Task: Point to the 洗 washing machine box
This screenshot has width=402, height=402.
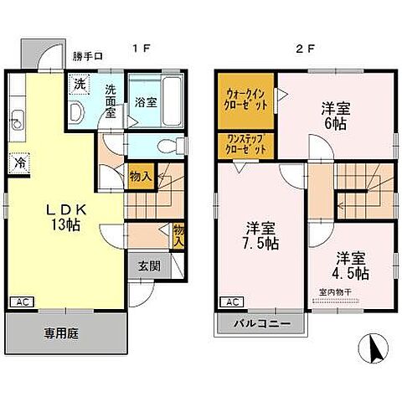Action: [x=79, y=85]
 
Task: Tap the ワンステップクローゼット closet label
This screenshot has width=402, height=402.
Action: [x=246, y=143]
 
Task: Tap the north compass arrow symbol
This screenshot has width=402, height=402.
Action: [x=373, y=345]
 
